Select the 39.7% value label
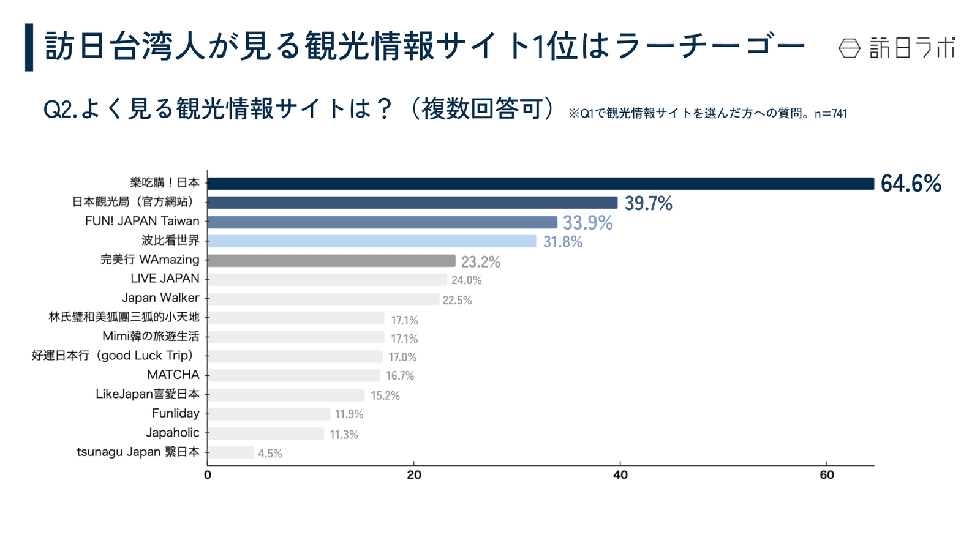click(x=648, y=203)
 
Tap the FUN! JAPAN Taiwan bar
click(x=382, y=222)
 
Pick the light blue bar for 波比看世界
click(x=372, y=241)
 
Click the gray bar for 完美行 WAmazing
click(x=331, y=261)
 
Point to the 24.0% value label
click(x=467, y=280)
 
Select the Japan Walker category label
click(x=160, y=298)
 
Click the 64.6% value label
click(x=910, y=184)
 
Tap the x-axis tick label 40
click(x=620, y=476)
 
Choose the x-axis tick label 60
click(x=826, y=476)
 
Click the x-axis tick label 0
click(x=208, y=476)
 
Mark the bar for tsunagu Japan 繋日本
click(x=231, y=452)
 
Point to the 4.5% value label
click(x=270, y=454)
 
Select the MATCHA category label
click(x=173, y=375)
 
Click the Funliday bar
click(x=269, y=414)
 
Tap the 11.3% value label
click(x=344, y=435)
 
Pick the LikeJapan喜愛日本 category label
click(x=148, y=394)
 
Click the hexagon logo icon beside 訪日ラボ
click(x=849, y=48)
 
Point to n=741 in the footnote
click(x=831, y=114)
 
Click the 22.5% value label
click(x=457, y=300)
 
